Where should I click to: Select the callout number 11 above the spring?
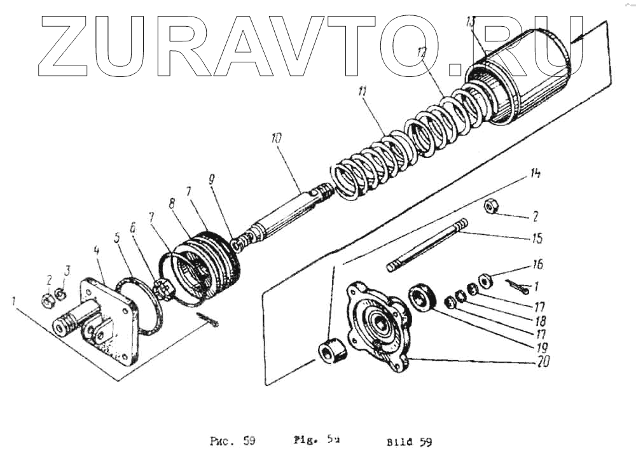point(363,93)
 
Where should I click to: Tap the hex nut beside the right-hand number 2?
point(492,206)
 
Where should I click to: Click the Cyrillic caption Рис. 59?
point(233,440)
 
